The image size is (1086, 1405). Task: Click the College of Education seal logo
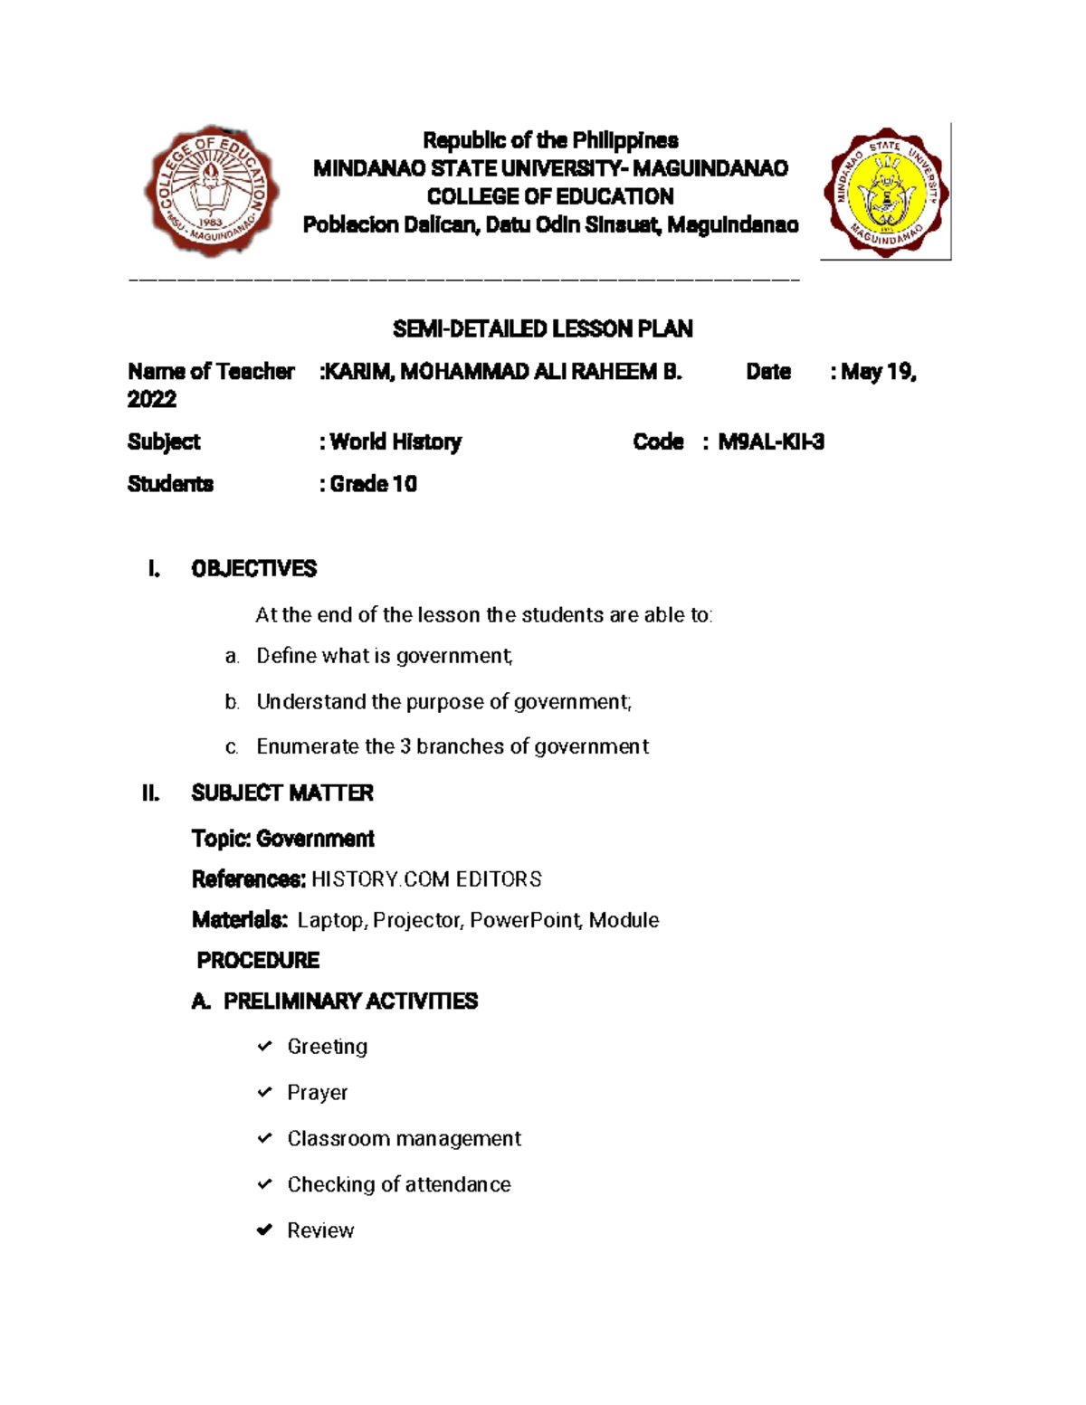point(212,192)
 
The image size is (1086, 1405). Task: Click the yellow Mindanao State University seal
point(885,191)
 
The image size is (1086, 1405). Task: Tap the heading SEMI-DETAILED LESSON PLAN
point(543,329)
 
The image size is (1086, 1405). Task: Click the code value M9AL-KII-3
point(771,441)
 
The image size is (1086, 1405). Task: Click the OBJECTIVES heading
point(253,569)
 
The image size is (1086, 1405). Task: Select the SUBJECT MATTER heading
point(282,793)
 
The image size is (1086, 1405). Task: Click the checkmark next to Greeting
point(264,1047)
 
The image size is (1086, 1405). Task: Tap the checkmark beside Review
point(264,1230)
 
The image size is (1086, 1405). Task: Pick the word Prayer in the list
point(317,1093)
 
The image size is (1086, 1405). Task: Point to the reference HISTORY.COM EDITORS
point(426,879)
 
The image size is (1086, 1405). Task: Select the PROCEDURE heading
point(258,960)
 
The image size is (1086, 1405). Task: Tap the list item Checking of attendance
point(399,1185)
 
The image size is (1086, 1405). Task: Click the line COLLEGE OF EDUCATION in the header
point(550,196)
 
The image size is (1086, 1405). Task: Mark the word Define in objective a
point(282,656)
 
